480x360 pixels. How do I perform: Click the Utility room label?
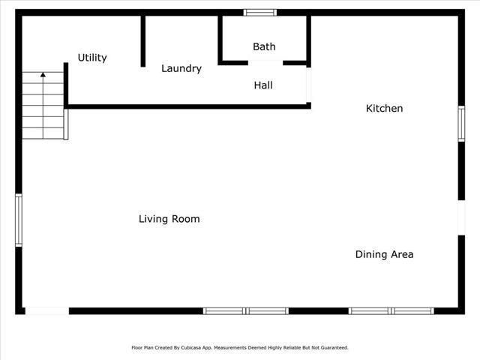[92, 58]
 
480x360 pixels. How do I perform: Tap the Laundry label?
[181, 68]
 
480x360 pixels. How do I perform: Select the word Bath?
[264, 46]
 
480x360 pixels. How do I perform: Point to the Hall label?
[263, 85]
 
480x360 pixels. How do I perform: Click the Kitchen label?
[384, 108]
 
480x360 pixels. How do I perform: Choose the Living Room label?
[169, 219]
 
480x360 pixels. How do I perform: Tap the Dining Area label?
[384, 254]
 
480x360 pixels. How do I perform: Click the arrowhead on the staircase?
[43, 74]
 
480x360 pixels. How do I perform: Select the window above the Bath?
[260, 13]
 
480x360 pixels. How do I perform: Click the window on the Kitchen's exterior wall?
[461, 124]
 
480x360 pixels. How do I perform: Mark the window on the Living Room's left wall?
[19, 220]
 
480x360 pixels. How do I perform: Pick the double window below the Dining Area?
[391, 311]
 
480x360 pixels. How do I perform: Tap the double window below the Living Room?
[246, 311]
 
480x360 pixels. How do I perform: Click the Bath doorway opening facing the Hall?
[265, 63]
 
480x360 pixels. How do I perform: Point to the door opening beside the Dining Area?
[461, 217]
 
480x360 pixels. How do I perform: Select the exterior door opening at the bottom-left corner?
[47, 311]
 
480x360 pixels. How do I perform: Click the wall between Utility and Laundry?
[143, 41]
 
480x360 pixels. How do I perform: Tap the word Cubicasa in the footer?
[191, 348]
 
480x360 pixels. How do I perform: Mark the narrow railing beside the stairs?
[66, 124]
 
